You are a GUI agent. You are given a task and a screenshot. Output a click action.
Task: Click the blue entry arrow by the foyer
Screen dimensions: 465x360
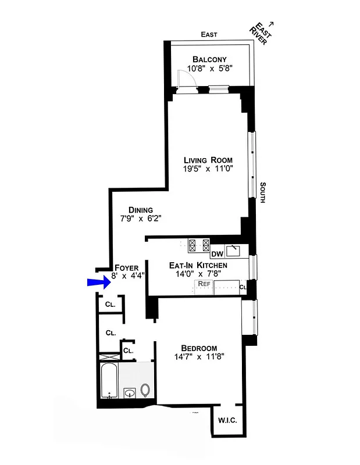click(98, 282)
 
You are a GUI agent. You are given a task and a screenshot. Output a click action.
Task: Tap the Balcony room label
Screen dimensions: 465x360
click(209, 59)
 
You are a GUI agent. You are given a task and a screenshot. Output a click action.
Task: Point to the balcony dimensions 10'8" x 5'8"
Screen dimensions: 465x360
click(209, 69)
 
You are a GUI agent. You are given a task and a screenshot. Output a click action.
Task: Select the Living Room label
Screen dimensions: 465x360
click(208, 160)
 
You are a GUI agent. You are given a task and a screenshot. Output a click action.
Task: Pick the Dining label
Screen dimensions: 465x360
click(141, 210)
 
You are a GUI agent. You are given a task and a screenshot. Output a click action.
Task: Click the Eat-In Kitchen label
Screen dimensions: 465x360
click(198, 265)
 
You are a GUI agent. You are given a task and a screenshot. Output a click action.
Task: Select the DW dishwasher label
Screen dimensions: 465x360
click(218, 253)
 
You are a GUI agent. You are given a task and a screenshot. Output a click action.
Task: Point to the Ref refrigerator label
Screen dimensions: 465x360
click(204, 284)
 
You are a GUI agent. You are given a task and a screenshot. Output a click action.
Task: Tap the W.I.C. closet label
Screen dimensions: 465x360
click(227, 421)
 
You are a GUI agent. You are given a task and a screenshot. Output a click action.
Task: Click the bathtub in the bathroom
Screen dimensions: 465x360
click(109, 381)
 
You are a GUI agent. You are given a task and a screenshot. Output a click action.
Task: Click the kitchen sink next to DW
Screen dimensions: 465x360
click(234, 250)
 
